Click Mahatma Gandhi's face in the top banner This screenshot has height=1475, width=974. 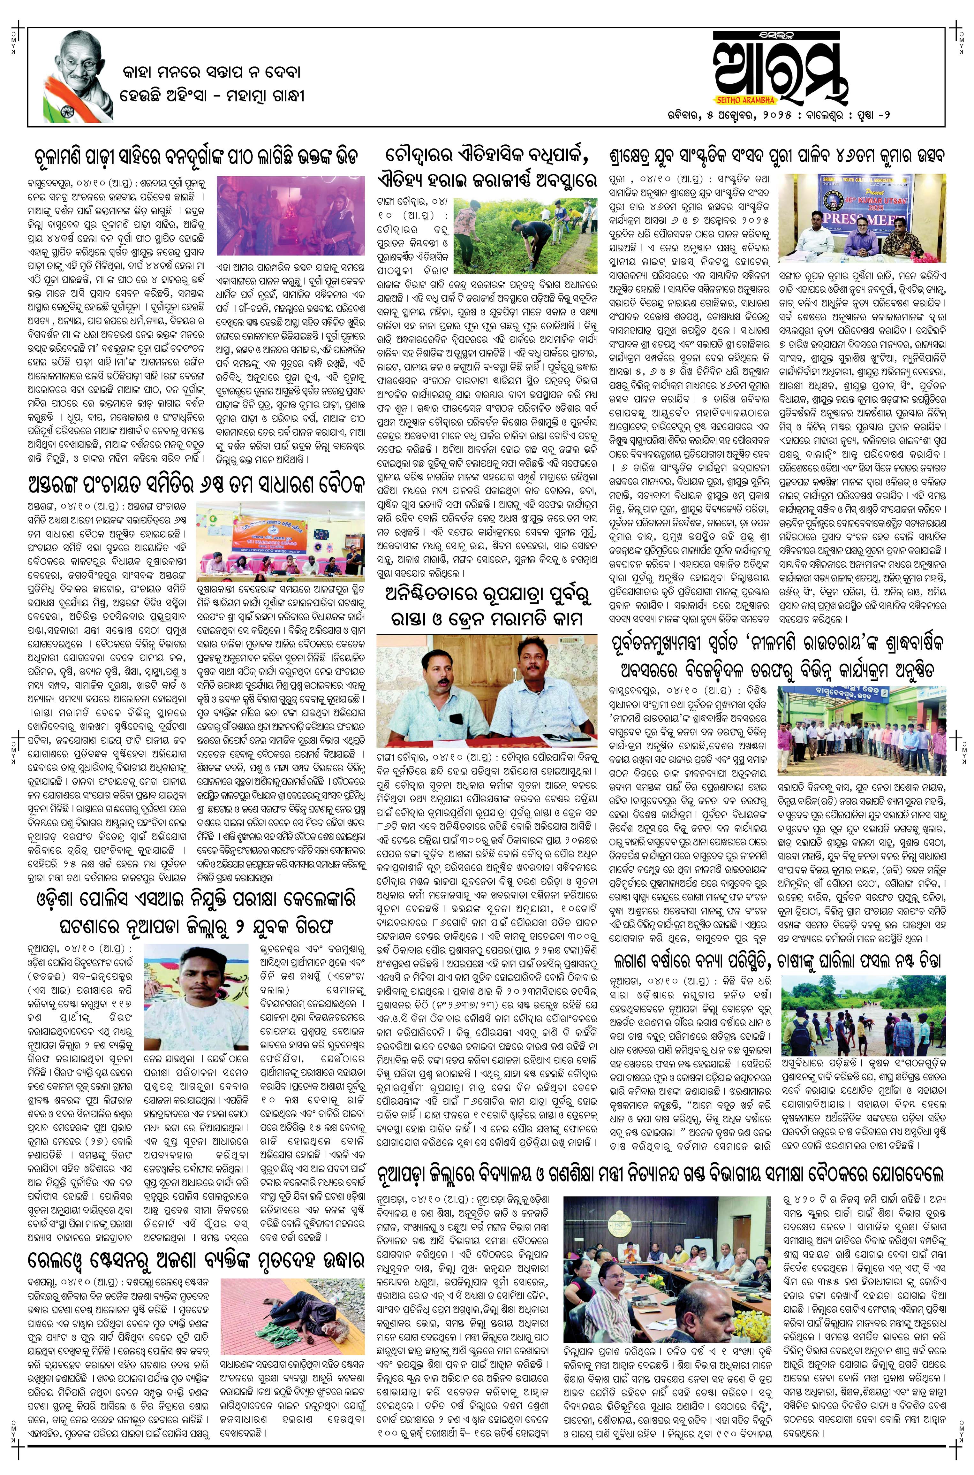click(79, 56)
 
